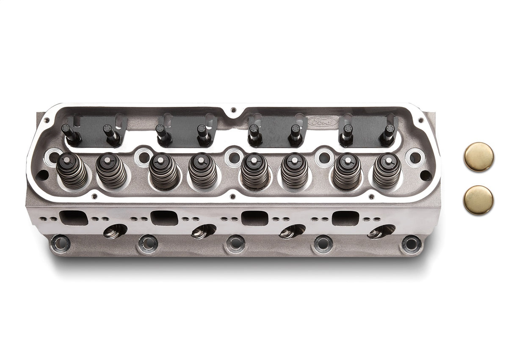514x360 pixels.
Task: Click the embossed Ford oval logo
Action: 323,121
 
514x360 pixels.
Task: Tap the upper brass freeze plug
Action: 478,157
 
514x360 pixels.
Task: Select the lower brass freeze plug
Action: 478,200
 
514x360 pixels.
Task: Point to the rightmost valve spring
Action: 387,170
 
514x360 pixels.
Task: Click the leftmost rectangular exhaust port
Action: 74,218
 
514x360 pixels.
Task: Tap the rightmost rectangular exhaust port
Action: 345,218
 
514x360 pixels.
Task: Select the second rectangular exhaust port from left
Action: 164,218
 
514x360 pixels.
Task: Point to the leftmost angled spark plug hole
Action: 115,231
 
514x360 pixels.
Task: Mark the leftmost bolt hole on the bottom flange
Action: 60,244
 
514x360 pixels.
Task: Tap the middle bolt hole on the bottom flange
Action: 235,244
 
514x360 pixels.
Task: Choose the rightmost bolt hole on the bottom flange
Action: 411,244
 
